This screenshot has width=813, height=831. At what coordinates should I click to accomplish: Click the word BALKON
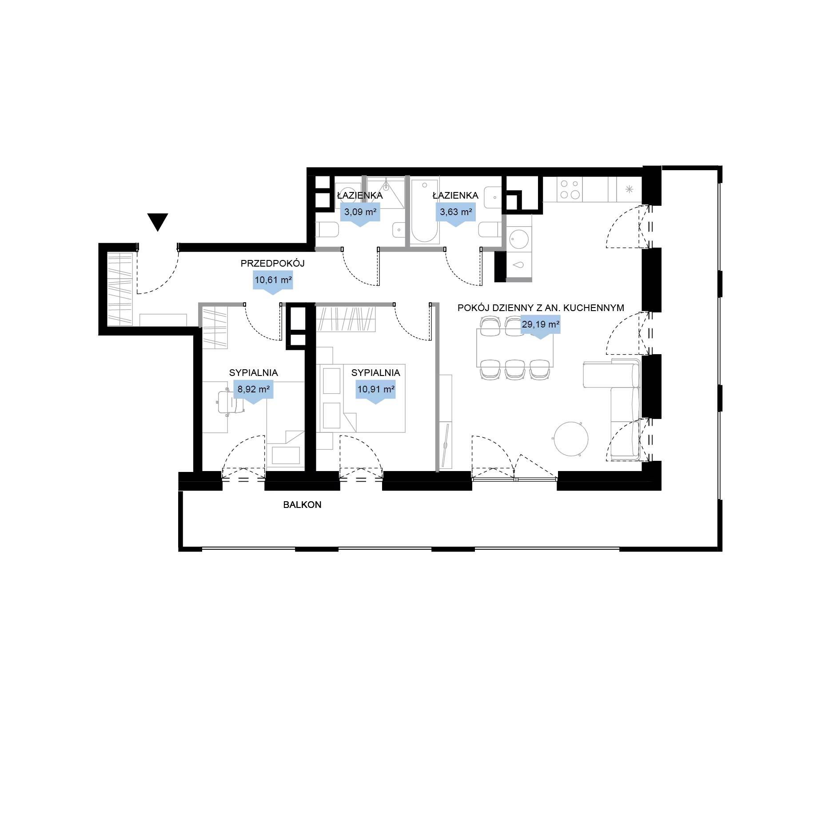pyautogui.click(x=302, y=505)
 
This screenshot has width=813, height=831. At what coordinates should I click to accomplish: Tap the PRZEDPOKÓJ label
pyautogui.click(x=272, y=264)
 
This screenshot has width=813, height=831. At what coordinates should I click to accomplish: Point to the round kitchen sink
pyautogui.click(x=518, y=240)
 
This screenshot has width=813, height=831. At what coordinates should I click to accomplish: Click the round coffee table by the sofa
pyautogui.click(x=570, y=439)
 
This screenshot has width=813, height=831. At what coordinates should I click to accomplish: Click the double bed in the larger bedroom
pyautogui.click(x=361, y=398)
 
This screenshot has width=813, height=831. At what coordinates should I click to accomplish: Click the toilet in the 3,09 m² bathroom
pyautogui.click(x=327, y=230)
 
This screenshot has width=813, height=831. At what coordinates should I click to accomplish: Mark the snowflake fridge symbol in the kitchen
pyautogui.click(x=629, y=189)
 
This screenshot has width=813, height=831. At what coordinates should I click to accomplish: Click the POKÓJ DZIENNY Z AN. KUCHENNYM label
pyautogui.click(x=541, y=308)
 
